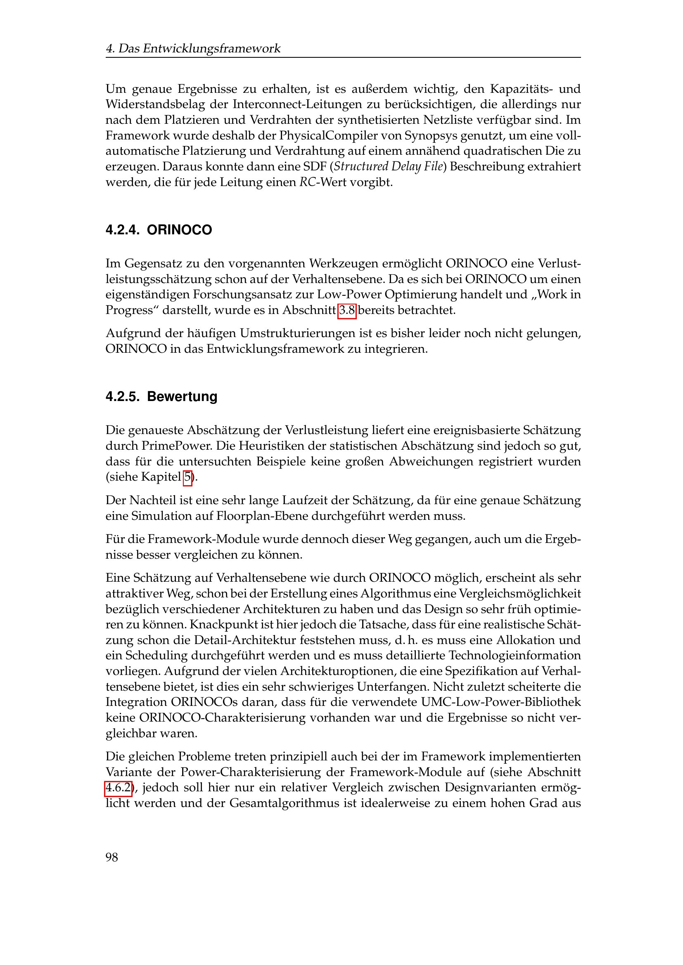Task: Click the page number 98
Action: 112,857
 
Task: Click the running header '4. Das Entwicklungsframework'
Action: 193,48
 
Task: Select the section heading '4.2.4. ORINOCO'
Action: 159,230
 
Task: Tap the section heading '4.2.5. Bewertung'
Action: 161,396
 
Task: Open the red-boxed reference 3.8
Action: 347,310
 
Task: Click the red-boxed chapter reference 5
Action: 187,477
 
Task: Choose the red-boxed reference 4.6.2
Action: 118,787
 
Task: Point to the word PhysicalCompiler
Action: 323,135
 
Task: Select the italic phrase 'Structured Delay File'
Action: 388,166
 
